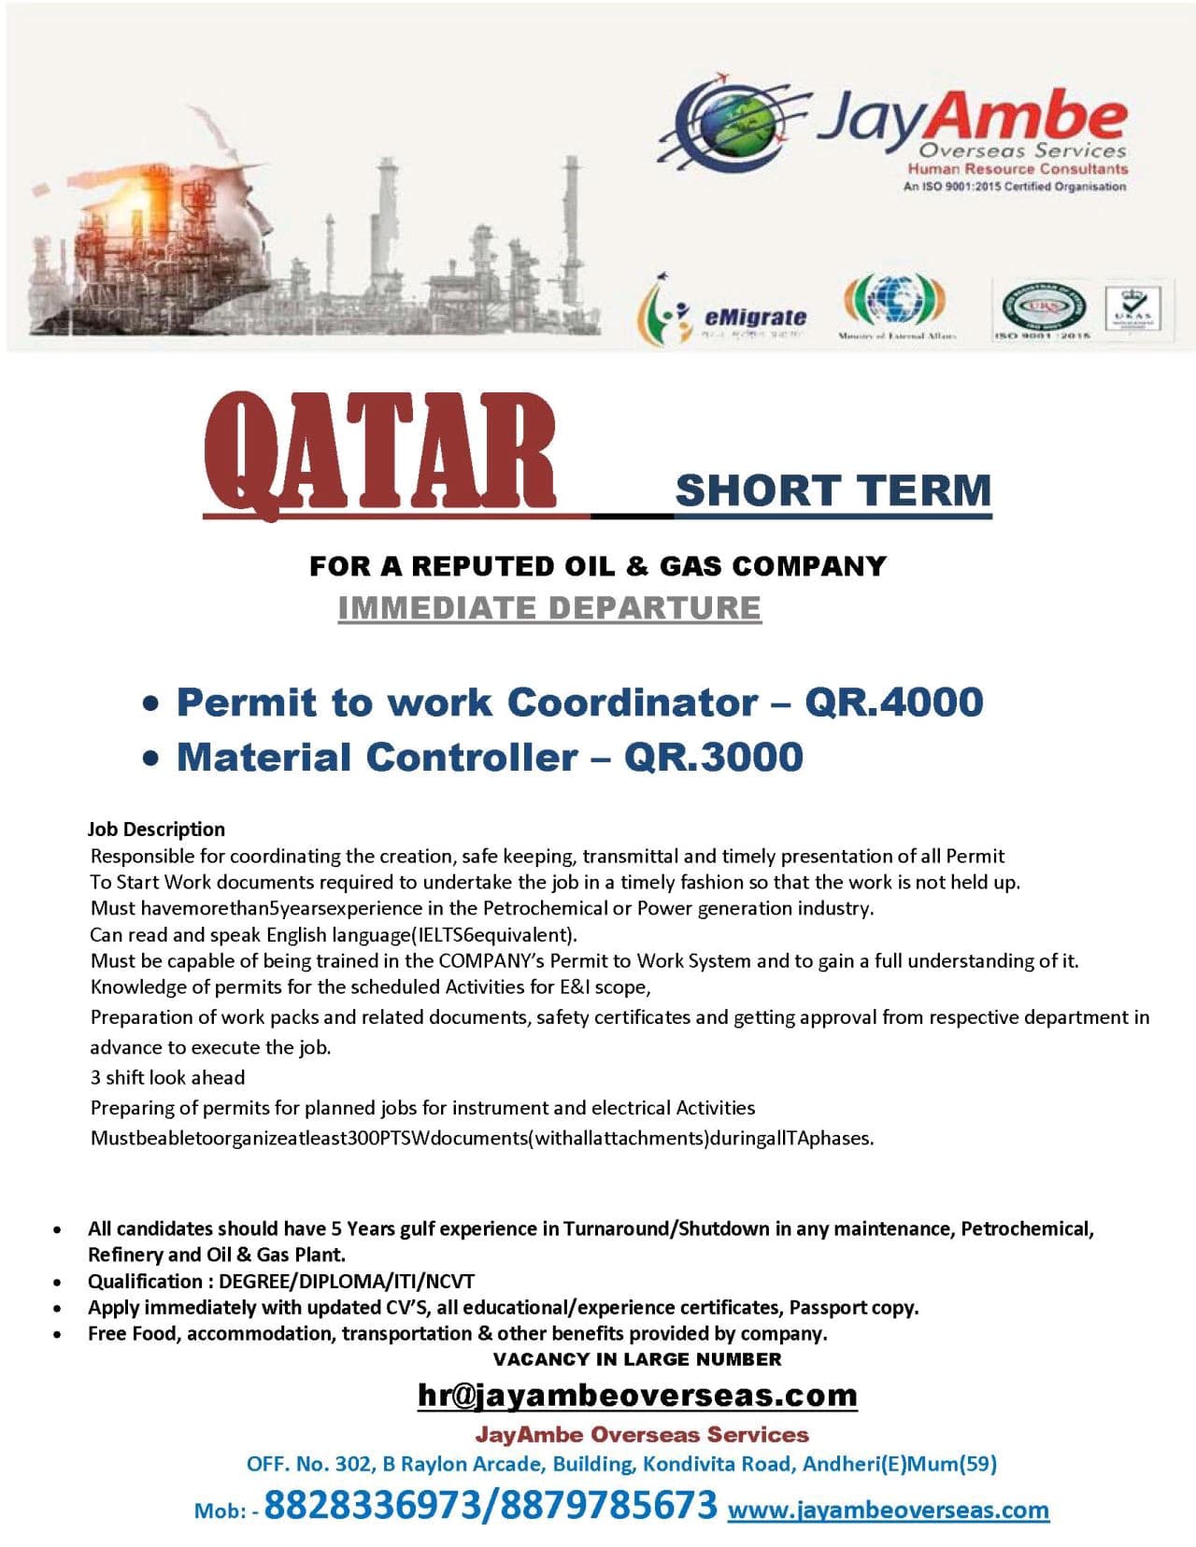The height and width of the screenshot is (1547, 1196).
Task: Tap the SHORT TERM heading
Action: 833,490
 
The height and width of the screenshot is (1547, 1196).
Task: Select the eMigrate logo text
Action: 755,317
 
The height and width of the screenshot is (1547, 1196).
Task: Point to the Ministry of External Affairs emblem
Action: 895,300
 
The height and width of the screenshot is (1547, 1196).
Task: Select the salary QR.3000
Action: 714,757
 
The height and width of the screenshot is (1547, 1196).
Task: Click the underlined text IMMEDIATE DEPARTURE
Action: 549,607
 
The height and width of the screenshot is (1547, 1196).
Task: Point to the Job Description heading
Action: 156,829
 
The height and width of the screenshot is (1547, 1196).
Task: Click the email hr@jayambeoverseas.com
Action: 637,1395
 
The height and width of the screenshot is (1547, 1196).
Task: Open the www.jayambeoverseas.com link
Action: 888,1510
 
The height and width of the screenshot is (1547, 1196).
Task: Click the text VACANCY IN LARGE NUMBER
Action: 637,1359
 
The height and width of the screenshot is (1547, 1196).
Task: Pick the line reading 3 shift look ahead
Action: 167,1077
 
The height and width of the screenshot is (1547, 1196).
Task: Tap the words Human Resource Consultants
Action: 1018,169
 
